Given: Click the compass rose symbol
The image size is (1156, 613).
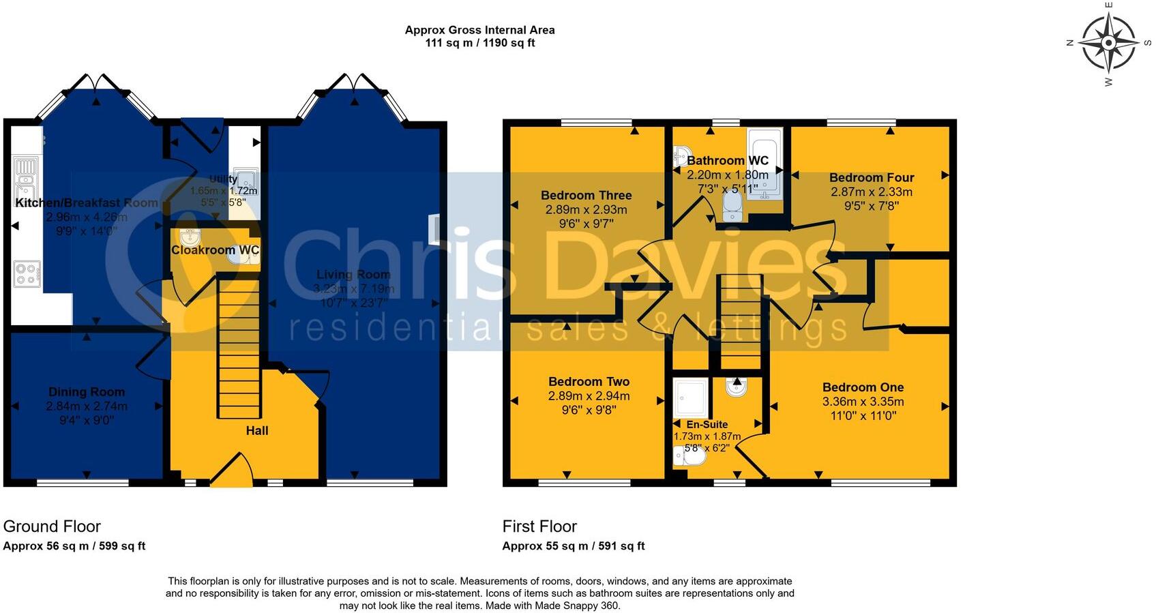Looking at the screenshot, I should pos(1108,43).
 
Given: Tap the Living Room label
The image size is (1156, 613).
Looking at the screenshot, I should pos(353,275).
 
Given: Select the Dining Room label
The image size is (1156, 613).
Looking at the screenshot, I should pos(87,392).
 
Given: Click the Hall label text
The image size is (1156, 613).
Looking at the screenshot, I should pos(257,431).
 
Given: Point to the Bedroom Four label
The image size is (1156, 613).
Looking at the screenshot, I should pos(872,178).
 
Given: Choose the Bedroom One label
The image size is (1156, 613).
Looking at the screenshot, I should pos(863,387).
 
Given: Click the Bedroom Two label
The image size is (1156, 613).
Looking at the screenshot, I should pos(589,382).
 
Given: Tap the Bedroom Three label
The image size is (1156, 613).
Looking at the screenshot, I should pos(586,196).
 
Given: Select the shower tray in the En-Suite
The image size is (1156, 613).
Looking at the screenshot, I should pos(691,398).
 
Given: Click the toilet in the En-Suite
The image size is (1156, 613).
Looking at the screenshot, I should pos(689,456).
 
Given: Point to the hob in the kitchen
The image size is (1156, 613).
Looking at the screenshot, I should pos(27,274).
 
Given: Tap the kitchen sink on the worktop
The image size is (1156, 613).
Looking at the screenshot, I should pos(26,174).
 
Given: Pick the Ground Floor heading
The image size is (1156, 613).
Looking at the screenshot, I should pos(52,526).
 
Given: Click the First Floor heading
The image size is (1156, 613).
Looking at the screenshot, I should pos(539,526).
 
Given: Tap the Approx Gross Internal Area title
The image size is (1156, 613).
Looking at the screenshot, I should pos(479,30).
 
